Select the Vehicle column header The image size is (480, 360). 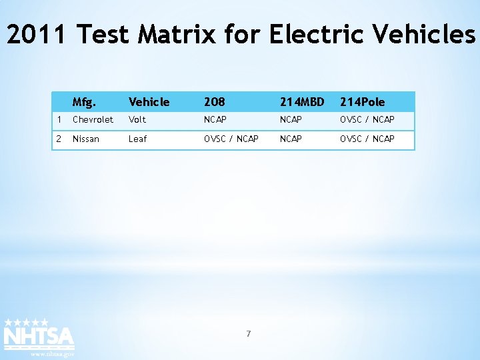point(149,102)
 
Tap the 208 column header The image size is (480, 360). point(214,102)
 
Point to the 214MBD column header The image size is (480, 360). point(301,102)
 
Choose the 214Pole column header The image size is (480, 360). point(362,102)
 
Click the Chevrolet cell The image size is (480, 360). point(93,120)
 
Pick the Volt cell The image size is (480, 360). point(137,120)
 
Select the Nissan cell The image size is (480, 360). point(85,139)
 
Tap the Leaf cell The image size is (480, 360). point(137,139)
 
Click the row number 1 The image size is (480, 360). point(59,120)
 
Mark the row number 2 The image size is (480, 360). point(59,139)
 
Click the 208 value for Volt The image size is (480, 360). point(215,120)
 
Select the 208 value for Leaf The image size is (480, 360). point(231,139)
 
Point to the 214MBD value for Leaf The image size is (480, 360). point(291,139)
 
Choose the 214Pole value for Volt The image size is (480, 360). point(367,120)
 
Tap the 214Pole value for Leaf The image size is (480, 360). point(367,139)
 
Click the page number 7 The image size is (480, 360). point(248,333)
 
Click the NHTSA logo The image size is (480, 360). point(39,335)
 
